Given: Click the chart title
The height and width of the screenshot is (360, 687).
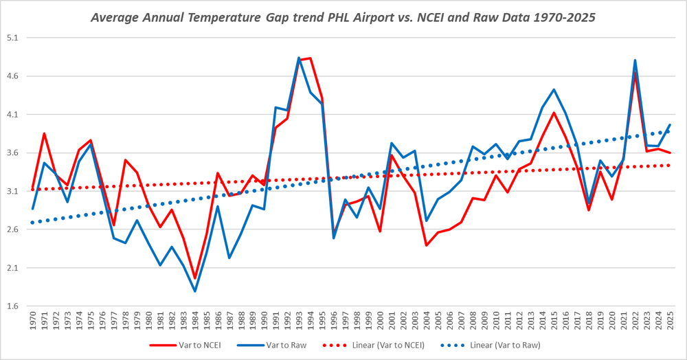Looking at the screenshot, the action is click(x=343, y=17).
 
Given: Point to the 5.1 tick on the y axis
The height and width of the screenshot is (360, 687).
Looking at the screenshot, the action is click(x=12, y=38).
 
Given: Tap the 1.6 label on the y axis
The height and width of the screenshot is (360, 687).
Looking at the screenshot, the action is click(x=12, y=306).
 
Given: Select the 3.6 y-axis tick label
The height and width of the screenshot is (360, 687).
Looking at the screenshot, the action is click(x=12, y=153).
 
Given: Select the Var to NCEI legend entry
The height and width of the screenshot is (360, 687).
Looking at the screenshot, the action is click(x=185, y=345).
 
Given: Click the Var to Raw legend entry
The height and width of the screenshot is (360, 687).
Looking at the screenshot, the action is click(x=271, y=345).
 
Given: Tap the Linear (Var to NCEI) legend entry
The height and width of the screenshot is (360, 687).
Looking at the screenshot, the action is click(x=373, y=345).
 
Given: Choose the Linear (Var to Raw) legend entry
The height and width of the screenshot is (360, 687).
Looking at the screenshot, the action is click(x=491, y=345).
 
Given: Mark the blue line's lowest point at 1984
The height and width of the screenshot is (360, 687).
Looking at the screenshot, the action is click(x=195, y=291).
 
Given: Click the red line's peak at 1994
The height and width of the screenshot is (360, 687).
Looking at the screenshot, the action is click(x=311, y=58).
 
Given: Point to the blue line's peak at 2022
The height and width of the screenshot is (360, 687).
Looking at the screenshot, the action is click(x=635, y=60).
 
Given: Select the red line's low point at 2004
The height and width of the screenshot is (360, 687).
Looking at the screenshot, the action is click(x=427, y=245).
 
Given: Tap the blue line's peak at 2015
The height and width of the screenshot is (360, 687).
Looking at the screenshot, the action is click(x=554, y=89).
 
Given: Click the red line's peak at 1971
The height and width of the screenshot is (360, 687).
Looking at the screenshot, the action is click(x=44, y=133).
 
